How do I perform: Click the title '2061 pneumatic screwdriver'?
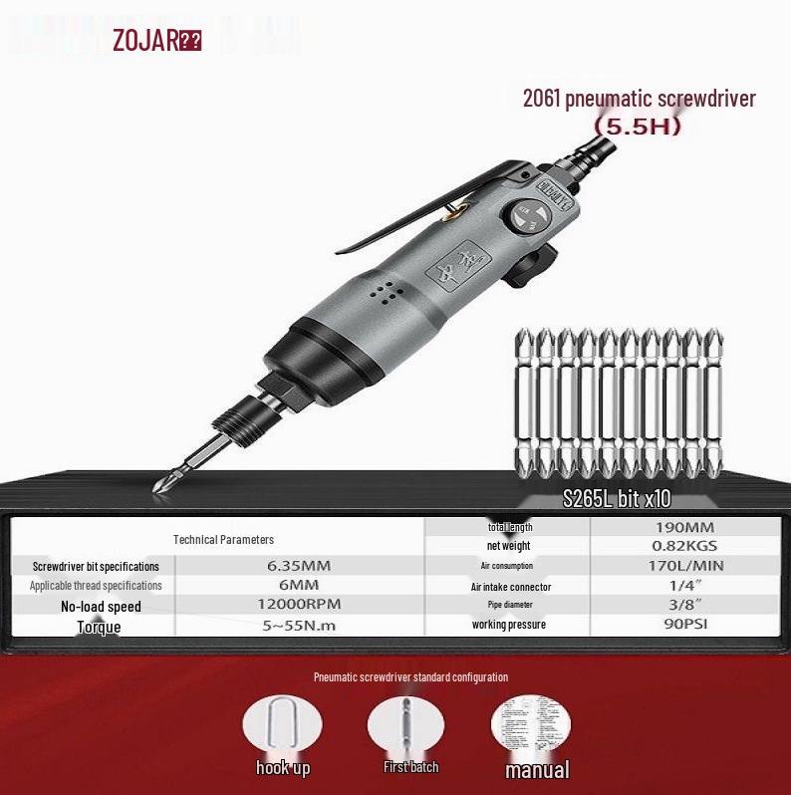[x=639, y=99]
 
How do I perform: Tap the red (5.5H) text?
[x=637, y=129]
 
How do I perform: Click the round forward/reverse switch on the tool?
[x=525, y=218]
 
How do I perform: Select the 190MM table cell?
[x=686, y=527]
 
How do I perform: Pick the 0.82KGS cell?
[x=686, y=546]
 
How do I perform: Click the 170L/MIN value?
[x=686, y=566]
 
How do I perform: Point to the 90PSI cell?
[x=686, y=625]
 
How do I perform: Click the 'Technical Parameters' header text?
[x=223, y=540]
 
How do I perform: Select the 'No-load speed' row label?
[x=101, y=606]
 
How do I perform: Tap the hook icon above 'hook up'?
[x=282, y=726]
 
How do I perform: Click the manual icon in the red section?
[x=530, y=724]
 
